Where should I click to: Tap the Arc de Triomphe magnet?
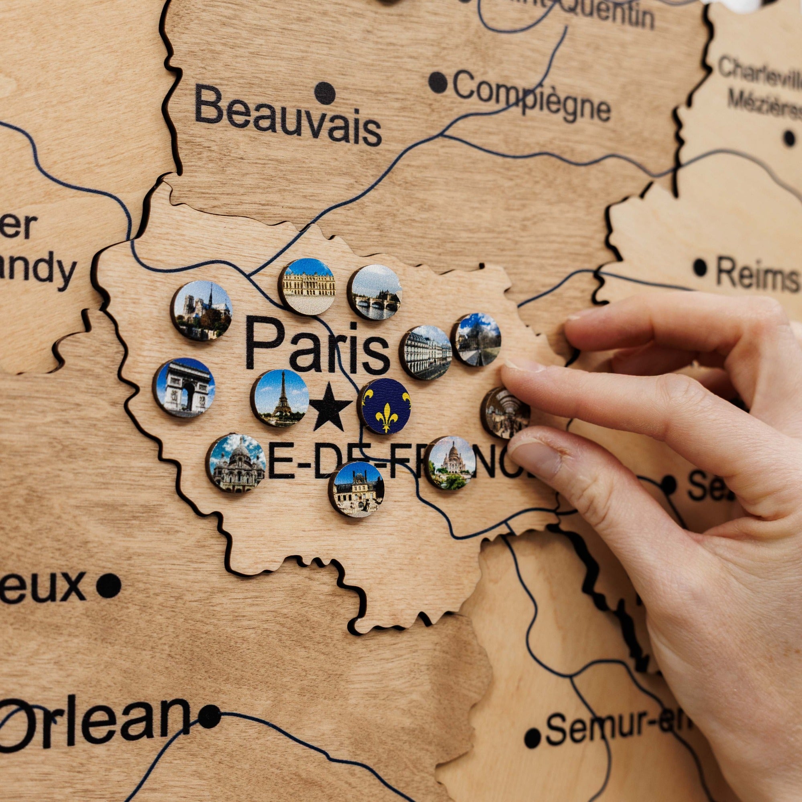click(184, 387)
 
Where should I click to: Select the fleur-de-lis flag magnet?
click(385, 405)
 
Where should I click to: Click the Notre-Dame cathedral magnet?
click(201, 310)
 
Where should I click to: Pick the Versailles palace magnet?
click(307, 286)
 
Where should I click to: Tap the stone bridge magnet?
click(375, 292)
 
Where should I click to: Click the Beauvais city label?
click(288, 115)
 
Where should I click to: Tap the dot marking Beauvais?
click(325, 93)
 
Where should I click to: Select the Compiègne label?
click(531, 95)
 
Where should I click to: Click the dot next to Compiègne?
click(438, 82)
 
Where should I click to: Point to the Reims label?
click(756, 274)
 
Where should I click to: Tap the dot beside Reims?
click(700, 267)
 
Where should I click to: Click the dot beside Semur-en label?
click(533, 738)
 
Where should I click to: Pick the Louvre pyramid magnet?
click(476, 339)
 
